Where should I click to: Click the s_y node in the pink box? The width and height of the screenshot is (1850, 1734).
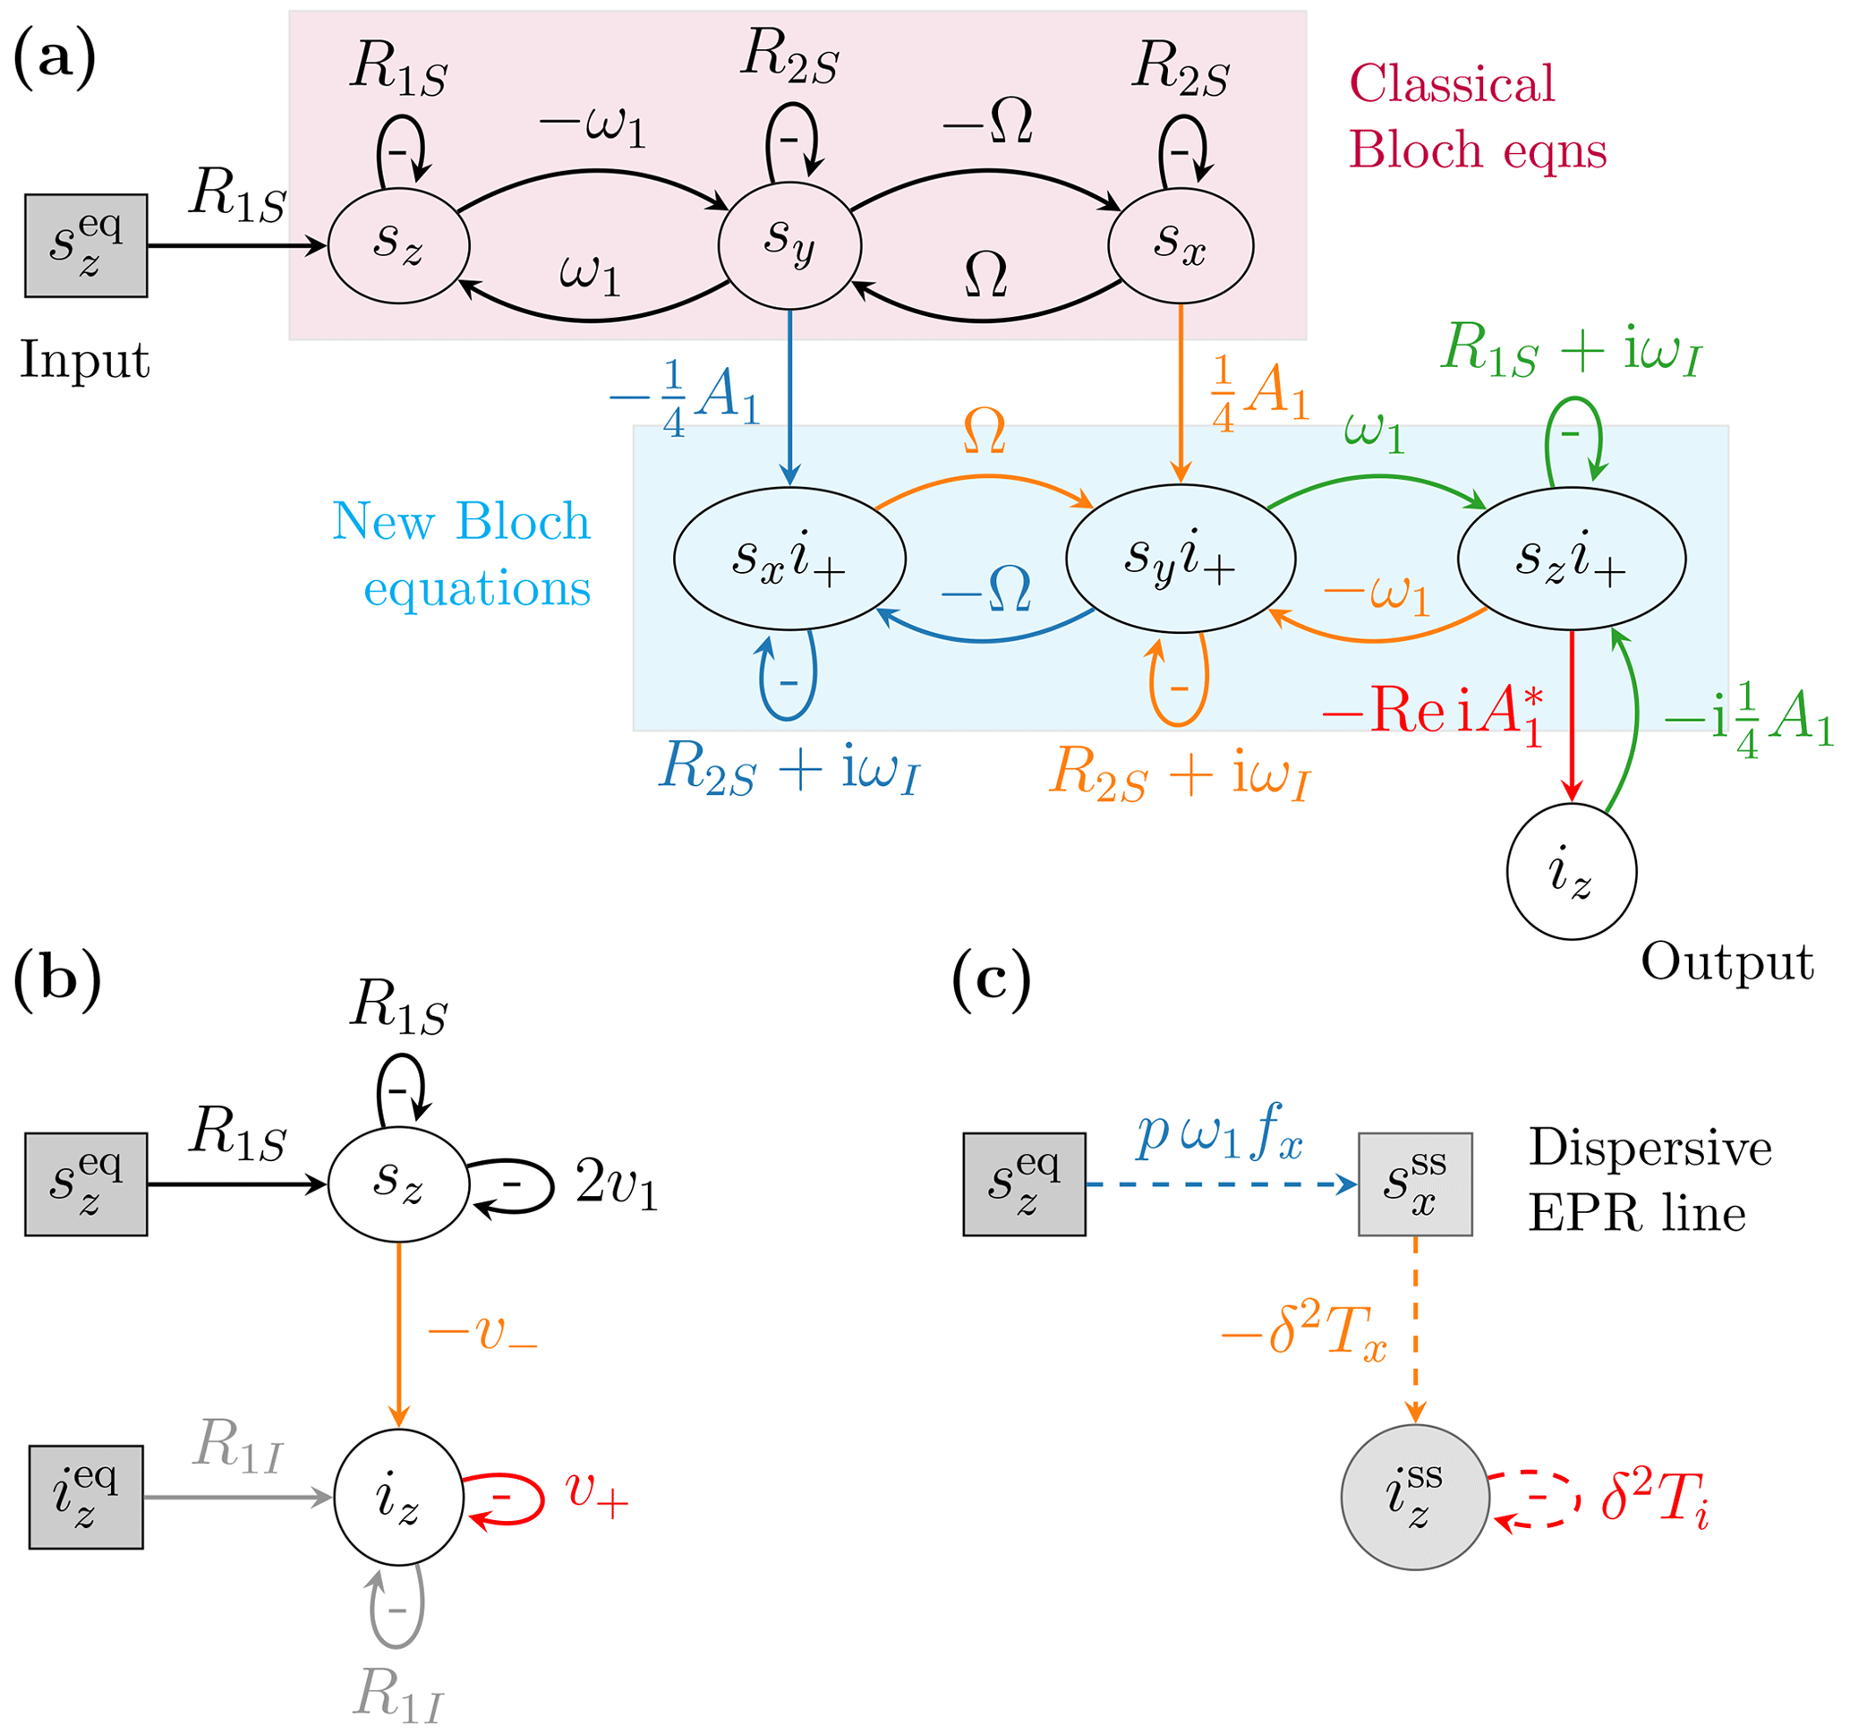(x=789, y=244)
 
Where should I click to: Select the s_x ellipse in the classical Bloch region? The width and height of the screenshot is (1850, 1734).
(x=1180, y=244)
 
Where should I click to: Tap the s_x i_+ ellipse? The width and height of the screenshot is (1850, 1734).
(x=789, y=559)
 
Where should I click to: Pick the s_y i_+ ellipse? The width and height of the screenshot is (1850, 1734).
(x=1180, y=559)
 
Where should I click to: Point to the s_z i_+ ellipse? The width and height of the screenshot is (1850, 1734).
(x=1571, y=559)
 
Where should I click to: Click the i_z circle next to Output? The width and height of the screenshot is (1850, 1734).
(x=1571, y=871)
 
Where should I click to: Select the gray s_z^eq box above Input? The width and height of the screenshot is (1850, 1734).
(x=86, y=245)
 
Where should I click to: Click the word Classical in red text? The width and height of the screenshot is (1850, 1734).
(x=1452, y=84)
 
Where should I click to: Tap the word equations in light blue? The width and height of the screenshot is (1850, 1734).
(x=476, y=589)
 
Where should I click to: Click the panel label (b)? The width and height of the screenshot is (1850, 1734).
(x=56, y=980)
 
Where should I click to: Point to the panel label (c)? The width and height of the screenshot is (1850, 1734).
(x=991, y=980)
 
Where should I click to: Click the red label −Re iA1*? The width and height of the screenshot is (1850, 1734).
(x=1433, y=712)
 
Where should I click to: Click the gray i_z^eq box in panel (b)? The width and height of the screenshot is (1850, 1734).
(x=86, y=1497)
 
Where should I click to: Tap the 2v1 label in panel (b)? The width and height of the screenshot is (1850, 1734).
(x=616, y=1184)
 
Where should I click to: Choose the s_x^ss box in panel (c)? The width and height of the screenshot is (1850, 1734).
(x=1414, y=1184)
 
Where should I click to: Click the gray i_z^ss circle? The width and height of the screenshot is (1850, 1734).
(x=1414, y=1497)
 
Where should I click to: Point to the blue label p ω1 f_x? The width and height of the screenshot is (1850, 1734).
(x=1219, y=1133)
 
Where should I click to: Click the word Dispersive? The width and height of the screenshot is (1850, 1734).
(x=1649, y=1148)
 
